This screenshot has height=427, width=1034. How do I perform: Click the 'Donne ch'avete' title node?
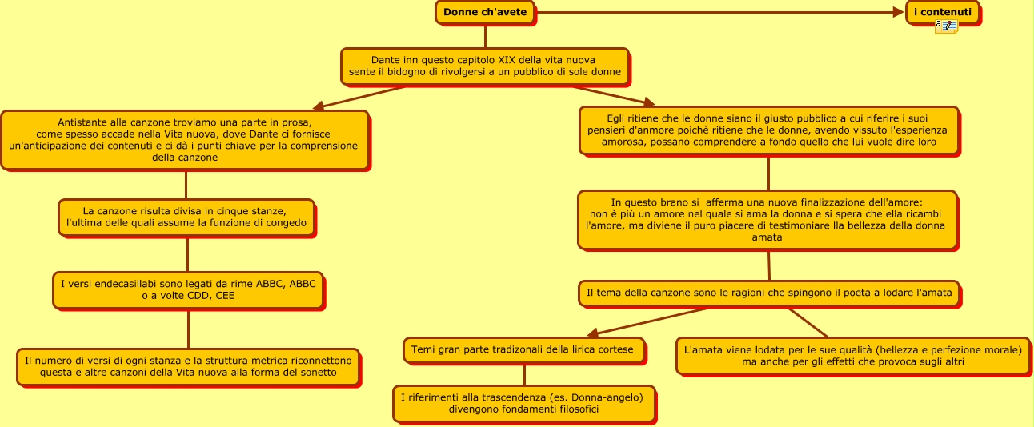coord(485,12)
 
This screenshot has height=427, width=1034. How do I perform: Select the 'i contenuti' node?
coord(943,12)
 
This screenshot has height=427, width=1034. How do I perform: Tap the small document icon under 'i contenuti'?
coord(946,27)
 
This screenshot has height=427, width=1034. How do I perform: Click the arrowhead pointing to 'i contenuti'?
coord(900,12)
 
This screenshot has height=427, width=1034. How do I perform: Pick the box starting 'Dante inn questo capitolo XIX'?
coord(484,66)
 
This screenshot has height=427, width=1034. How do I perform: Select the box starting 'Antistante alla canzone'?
coord(185,140)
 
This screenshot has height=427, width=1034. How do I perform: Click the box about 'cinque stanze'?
coord(186,217)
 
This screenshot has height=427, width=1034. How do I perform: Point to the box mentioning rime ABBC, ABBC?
coord(188,289)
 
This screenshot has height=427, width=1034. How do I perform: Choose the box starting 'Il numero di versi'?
coord(188,366)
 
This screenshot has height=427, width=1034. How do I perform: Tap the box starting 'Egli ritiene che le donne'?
coord(768,130)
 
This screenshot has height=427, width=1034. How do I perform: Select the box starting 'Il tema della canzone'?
coord(768,293)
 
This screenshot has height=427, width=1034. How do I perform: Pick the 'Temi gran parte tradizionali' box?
coord(523,349)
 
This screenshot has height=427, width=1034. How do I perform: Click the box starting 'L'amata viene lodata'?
coord(852,356)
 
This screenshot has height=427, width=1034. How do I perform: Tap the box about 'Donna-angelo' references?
coord(523,403)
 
